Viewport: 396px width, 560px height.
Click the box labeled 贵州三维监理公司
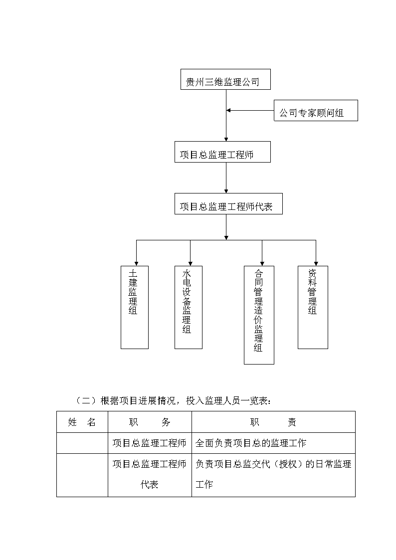point(225,79)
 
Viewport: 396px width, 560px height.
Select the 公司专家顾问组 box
point(316,110)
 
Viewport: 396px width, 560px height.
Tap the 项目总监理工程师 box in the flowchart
point(222,152)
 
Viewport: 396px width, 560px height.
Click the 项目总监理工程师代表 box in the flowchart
point(228,204)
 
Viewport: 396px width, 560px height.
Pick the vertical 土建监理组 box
point(135,307)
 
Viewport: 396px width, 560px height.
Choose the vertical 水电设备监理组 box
point(188,307)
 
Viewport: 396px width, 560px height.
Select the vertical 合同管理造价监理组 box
point(259,315)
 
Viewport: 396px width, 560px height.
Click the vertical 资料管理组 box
point(313,307)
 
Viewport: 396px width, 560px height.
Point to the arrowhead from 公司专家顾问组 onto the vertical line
point(228,110)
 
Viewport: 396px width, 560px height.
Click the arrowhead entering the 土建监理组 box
point(136,264)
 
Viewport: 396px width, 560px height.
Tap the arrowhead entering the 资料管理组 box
point(316,264)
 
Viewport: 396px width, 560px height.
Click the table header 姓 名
point(82,422)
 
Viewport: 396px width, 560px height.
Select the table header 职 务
point(150,422)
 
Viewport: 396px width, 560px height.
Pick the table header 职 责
point(273,422)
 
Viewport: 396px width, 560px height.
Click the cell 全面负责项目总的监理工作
point(251,443)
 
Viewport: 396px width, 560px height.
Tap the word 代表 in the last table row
point(149,485)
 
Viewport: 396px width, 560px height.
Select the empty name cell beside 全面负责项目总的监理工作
point(82,443)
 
